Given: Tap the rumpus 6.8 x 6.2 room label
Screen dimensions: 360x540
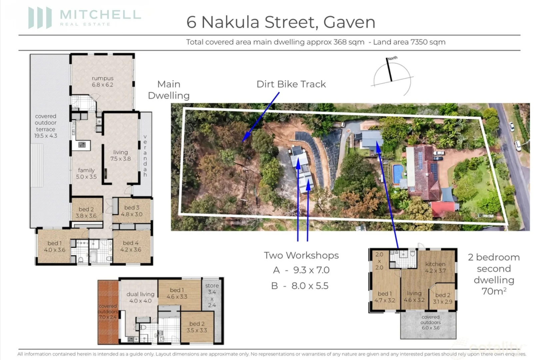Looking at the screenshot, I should [103, 81].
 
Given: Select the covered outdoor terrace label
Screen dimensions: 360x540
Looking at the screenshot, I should [46, 126].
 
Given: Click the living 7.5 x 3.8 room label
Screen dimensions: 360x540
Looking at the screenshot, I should [120, 155].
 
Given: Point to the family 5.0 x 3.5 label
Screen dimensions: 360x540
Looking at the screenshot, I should [86, 173].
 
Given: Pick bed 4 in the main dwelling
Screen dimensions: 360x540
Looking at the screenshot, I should [131, 246].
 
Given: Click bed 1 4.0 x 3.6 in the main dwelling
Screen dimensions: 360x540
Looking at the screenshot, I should [55, 246].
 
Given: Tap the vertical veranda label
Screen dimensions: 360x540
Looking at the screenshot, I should [145, 155].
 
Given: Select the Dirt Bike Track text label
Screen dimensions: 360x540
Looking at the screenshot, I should [291, 84].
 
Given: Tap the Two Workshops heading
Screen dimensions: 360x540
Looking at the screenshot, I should [301, 255].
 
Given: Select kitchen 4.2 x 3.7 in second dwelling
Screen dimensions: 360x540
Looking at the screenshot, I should [435, 267].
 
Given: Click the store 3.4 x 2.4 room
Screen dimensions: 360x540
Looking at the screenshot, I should [212, 295].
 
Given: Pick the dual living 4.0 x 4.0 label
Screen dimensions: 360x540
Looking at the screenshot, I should [140, 297].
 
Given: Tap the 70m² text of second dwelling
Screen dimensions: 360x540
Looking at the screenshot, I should [494, 291].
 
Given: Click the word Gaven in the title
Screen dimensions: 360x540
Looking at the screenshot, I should [349, 22].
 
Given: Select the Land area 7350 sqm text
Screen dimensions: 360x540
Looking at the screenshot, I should [409, 42].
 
